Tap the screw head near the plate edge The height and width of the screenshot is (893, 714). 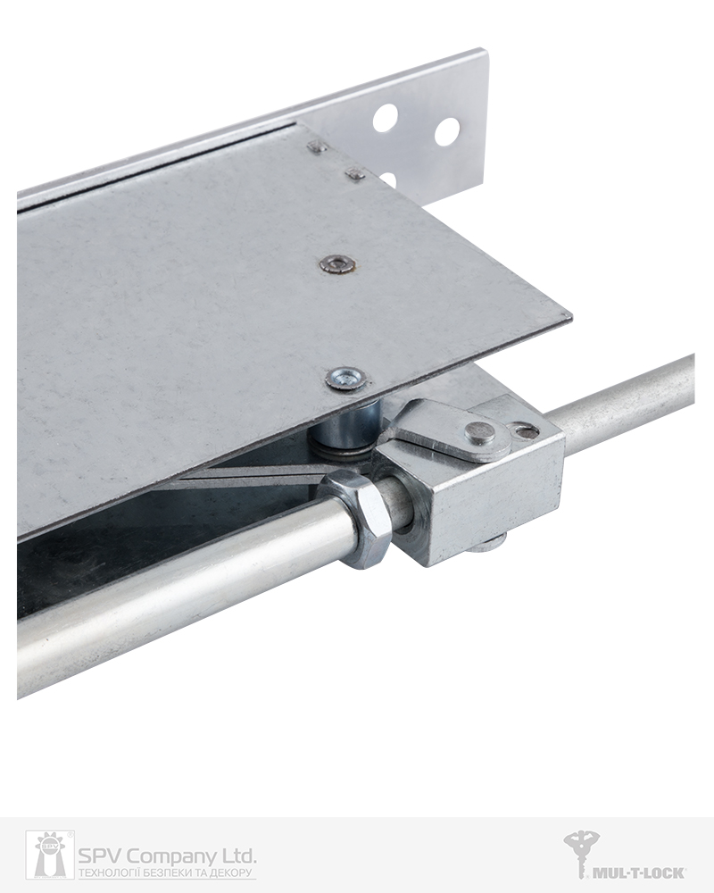click(x=345, y=379)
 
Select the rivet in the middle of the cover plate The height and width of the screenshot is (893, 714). click(x=337, y=263)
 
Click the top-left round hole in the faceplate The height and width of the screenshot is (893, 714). click(x=386, y=118)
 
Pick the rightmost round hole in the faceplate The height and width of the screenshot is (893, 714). click(x=447, y=131)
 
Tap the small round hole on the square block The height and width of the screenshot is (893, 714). click(x=523, y=431)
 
